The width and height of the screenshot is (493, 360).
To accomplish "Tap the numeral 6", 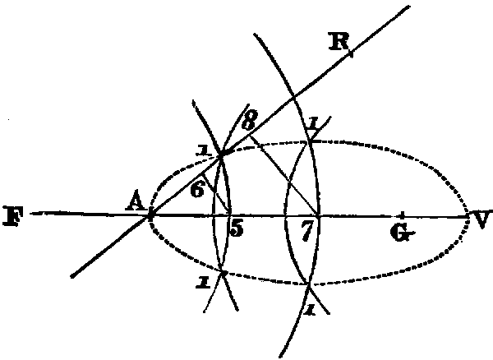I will pyautogui.click(x=196, y=189).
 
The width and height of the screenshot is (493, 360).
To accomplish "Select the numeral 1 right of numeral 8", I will pyautogui.click(x=313, y=125).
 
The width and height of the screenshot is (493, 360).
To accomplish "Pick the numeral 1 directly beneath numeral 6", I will pyautogui.click(x=201, y=283).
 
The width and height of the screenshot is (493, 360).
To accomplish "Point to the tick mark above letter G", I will pyautogui.click(x=400, y=215).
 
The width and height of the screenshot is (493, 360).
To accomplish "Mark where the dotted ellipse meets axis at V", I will pyautogui.click(x=468, y=216).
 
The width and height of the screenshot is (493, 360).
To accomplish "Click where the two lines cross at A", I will pyautogui.click(x=150, y=216).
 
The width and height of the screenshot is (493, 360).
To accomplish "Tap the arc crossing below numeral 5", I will pyautogui.click(x=223, y=270).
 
